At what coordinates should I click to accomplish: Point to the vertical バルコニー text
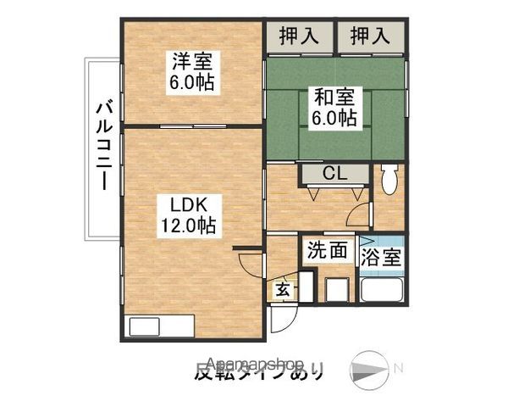103,145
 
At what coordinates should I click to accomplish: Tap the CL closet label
334,174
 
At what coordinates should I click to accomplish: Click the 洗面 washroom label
327,251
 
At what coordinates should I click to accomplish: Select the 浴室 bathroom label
379,257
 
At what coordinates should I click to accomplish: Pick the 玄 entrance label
283,290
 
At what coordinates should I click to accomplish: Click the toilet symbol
389,179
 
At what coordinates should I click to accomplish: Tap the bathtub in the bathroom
382,291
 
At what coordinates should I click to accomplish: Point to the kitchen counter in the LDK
160,326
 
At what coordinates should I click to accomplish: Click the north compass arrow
370,367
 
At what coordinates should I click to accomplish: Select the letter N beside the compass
400,367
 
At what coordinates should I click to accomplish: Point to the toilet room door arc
363,215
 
